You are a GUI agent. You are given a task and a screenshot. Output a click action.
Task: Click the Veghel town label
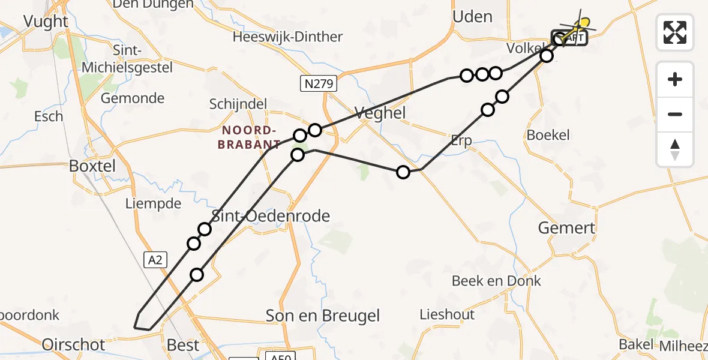pos(380,113)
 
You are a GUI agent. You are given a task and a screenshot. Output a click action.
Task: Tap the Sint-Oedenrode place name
pos(271,216)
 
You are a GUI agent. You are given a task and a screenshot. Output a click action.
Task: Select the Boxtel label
pos(92,166)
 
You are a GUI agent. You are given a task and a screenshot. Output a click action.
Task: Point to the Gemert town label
pos(566,228)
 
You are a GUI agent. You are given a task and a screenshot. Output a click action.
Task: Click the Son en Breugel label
pos(323,315)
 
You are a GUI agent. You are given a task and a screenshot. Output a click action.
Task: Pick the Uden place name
pos(472,17)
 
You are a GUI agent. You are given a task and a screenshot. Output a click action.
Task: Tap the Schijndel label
pos(238,104)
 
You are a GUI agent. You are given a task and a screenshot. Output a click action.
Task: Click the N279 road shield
pos(318,84)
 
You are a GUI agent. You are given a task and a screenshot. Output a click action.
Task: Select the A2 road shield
pos(154,259)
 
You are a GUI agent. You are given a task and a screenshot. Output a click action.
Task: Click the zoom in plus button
pos(675,79)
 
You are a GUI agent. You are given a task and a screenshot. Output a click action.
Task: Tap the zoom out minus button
pos(675,114)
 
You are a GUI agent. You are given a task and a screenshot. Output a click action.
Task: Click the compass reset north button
pos(675,149)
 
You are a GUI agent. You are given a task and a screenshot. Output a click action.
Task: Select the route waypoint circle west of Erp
pos(403,172)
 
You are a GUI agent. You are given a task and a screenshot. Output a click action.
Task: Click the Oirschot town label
pos(73,344)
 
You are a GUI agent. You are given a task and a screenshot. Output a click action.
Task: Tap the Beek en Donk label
pos(496,280)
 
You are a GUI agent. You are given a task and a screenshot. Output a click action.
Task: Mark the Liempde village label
pos(153,203)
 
